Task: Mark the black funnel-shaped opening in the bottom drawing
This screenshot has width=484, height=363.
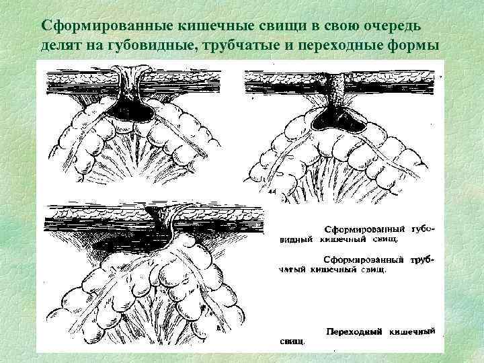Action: (x=157, y=218)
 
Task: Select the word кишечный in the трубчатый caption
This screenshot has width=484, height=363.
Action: (x=333, y=270)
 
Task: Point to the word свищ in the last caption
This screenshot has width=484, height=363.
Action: (x=292, y=341)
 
